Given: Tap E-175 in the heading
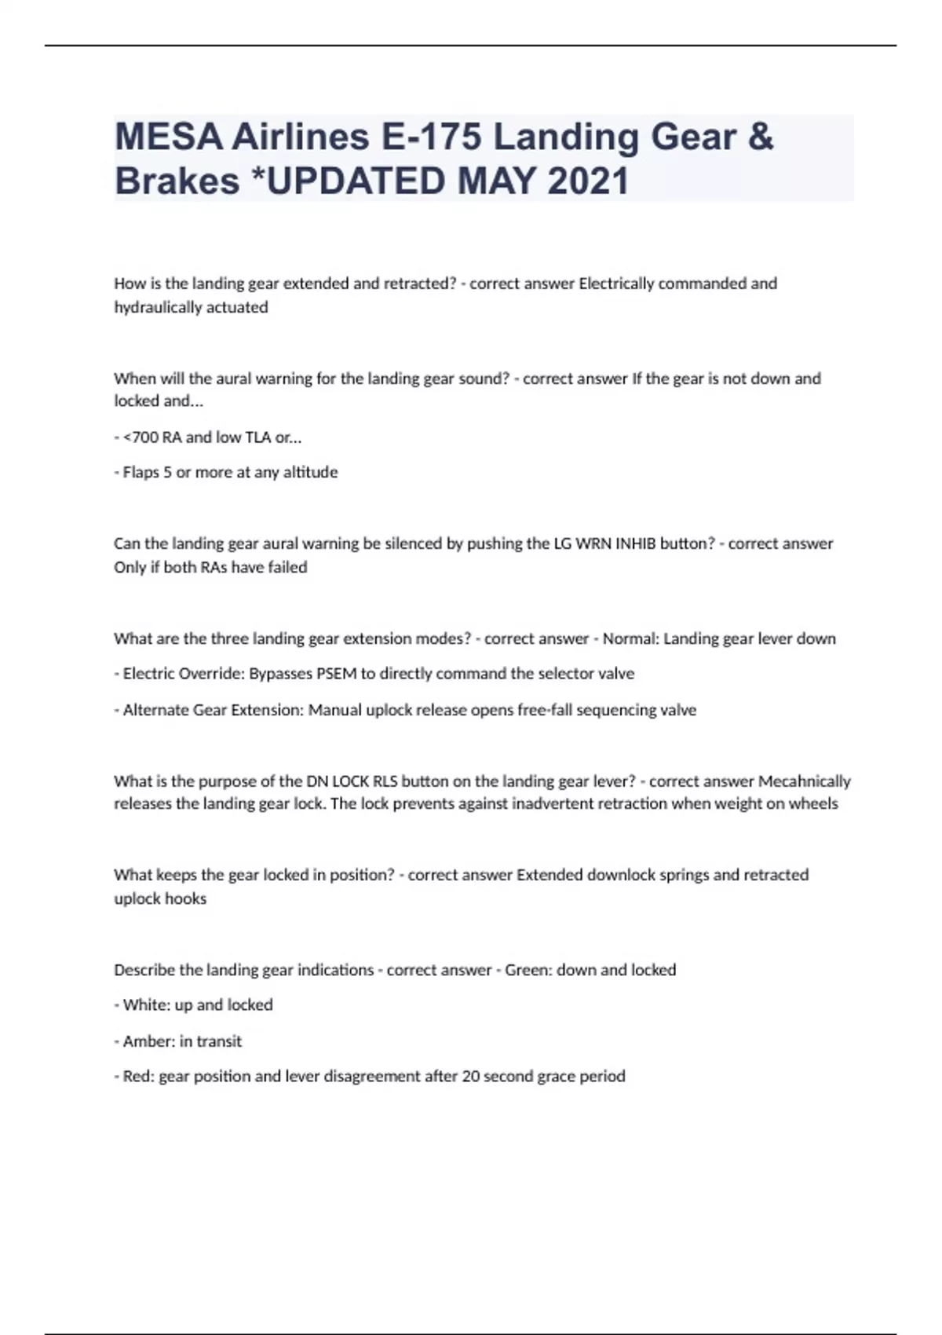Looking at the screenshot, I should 430,137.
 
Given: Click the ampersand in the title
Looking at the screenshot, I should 759,137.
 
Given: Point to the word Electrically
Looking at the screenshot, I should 616,283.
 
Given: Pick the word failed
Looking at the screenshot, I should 287,567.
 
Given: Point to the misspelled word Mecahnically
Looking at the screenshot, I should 804,781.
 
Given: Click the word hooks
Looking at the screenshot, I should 188,898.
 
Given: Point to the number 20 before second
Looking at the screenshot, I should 470,1076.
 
